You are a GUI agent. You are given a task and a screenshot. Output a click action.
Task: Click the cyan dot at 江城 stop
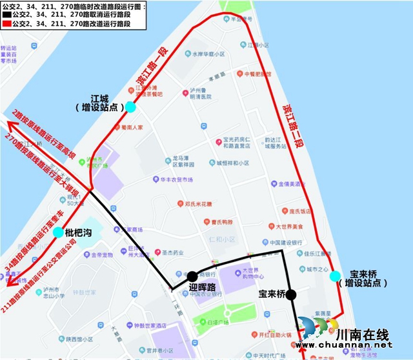tap(130, 106)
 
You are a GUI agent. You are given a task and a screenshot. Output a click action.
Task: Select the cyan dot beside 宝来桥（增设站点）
tap(334, 276)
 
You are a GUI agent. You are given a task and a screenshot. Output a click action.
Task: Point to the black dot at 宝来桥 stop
tap(291, 295)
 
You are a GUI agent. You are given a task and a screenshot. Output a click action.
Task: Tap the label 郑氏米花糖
tap(197, 203)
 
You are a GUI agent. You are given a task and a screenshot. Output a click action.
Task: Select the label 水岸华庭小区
tap(208, 55)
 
